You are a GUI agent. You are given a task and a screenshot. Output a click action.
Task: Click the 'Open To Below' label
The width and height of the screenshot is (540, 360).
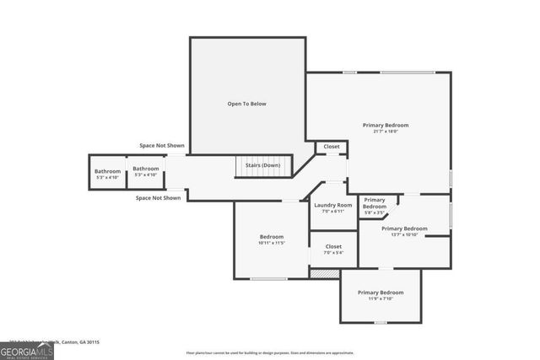246,104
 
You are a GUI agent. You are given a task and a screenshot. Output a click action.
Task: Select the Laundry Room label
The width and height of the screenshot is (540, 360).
332,205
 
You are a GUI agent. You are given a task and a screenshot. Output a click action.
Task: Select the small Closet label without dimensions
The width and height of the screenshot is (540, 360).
332,147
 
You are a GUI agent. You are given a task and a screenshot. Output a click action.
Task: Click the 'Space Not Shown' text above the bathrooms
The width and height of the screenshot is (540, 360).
162,145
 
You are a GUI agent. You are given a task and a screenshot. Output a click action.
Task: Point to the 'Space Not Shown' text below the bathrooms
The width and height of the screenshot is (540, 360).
159,198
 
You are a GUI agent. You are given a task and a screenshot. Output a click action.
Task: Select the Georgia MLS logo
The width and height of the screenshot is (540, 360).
27,348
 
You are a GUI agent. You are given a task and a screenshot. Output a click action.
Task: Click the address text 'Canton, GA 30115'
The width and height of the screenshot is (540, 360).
80,342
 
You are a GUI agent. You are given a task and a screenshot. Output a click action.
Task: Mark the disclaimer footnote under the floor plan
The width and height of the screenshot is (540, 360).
270,353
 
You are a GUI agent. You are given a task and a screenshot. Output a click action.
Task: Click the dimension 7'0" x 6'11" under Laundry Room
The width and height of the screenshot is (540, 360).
332,211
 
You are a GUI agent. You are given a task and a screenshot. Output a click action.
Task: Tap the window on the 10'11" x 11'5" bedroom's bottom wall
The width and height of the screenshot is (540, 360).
268,278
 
